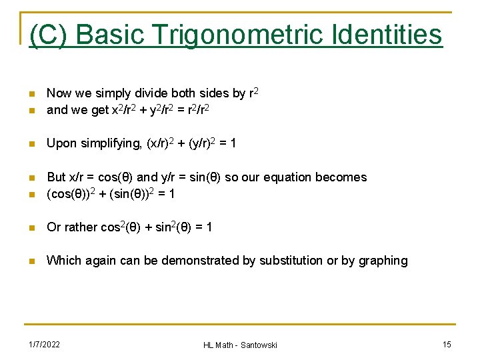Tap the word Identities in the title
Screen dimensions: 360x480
click(x=394, y=34)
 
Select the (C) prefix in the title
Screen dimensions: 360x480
click(x=47, y=34)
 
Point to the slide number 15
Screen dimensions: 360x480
click(x=447, y=344)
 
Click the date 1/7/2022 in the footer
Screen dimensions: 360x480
click(x=44, y=344)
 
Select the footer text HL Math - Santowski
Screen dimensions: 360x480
click(x=240, y=345)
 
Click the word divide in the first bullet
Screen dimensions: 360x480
click(x=151, y=93)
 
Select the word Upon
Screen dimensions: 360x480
click(x=61, y=144)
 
